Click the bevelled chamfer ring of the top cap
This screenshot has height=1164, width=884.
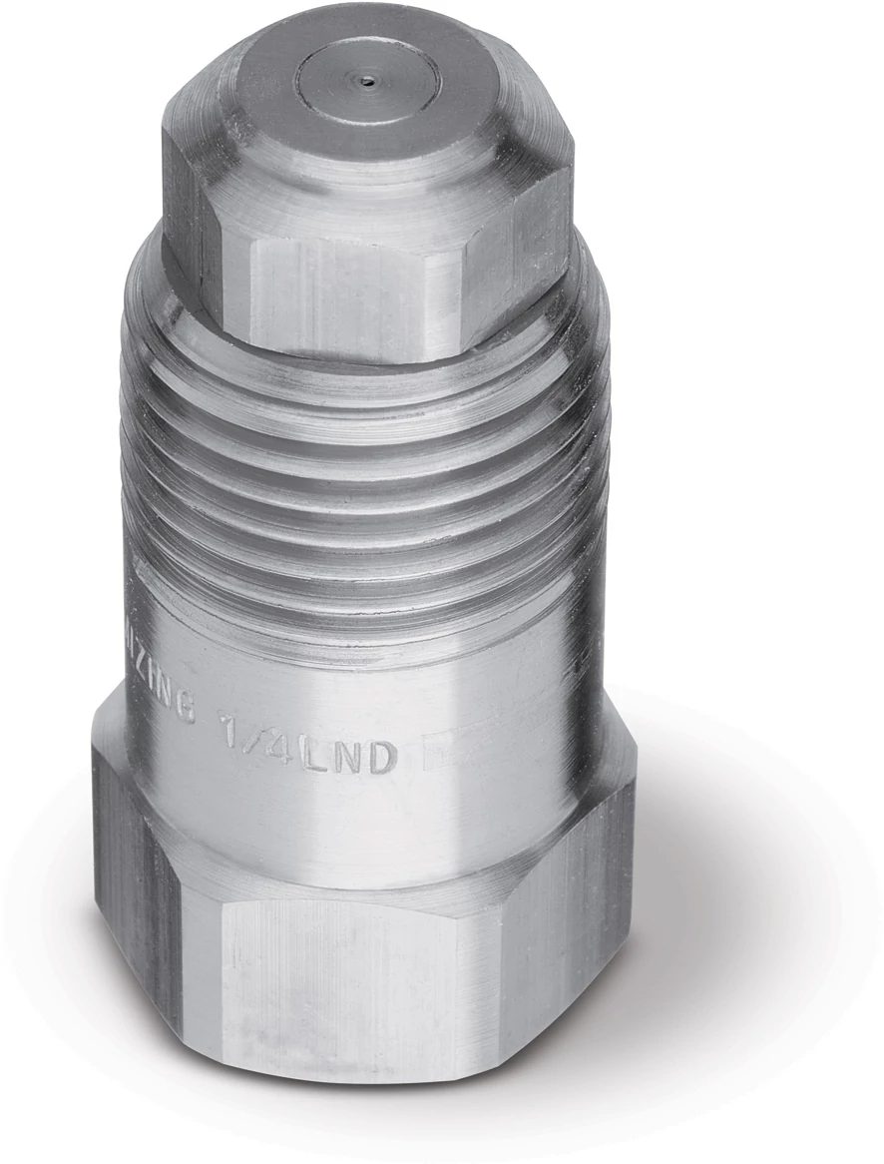click(x=469, y=150)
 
